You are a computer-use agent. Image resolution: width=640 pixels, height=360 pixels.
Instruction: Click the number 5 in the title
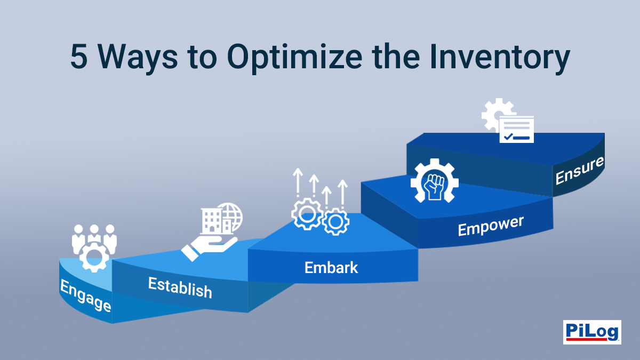coord(80,58)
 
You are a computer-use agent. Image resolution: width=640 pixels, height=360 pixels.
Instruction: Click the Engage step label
coord(85,297)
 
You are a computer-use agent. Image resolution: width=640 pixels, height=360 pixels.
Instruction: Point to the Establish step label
coord(180,287)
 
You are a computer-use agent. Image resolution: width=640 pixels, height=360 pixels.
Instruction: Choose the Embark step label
coord(331,267)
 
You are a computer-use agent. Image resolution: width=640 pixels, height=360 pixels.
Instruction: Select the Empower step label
coord(491,226)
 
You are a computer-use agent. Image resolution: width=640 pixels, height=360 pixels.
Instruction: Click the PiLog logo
coord(592,332)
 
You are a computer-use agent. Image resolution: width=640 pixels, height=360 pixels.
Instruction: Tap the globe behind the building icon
coord(230,215)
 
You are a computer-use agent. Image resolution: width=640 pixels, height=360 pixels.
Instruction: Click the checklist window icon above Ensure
coord(516,129)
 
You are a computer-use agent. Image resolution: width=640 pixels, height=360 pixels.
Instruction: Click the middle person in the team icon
coord(94,235)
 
